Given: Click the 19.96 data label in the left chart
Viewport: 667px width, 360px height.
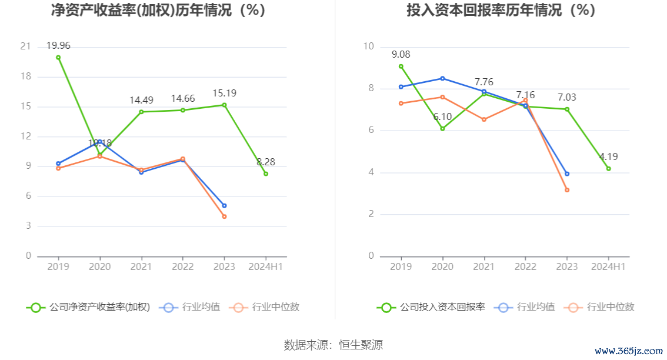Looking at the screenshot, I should click(58, 46).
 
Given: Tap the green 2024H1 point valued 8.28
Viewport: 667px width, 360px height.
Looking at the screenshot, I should click(266, 174).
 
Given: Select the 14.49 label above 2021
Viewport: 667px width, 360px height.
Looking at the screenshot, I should click(141, 101).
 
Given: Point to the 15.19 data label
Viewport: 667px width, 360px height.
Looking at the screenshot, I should click(224, 94).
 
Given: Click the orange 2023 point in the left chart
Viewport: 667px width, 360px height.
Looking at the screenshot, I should click(224, 216).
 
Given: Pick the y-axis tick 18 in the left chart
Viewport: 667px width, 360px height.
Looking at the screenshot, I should click(26, 76).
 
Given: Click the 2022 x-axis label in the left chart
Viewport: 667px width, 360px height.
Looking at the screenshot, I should click(182, 266).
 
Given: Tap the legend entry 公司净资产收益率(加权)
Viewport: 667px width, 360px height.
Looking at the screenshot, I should click(88, 307).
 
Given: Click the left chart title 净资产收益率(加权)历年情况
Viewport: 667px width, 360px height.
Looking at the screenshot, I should click(158, 11).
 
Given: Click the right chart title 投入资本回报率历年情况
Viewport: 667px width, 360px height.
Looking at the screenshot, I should click(501, 11).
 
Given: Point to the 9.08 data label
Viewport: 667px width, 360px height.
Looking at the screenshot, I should click(401, 55).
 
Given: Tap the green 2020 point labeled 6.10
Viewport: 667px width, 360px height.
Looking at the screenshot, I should click(442, 128).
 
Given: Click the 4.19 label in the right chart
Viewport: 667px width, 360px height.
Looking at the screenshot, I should click(608, 157).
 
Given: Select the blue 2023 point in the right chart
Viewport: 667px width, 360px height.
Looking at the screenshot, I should click(567, 174).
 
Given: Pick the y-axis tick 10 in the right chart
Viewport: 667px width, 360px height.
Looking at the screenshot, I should click(369, 46).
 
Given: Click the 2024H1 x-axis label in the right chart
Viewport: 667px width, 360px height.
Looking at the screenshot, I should click(608, 266).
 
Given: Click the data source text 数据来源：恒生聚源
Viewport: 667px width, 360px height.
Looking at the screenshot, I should click(333, 345).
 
